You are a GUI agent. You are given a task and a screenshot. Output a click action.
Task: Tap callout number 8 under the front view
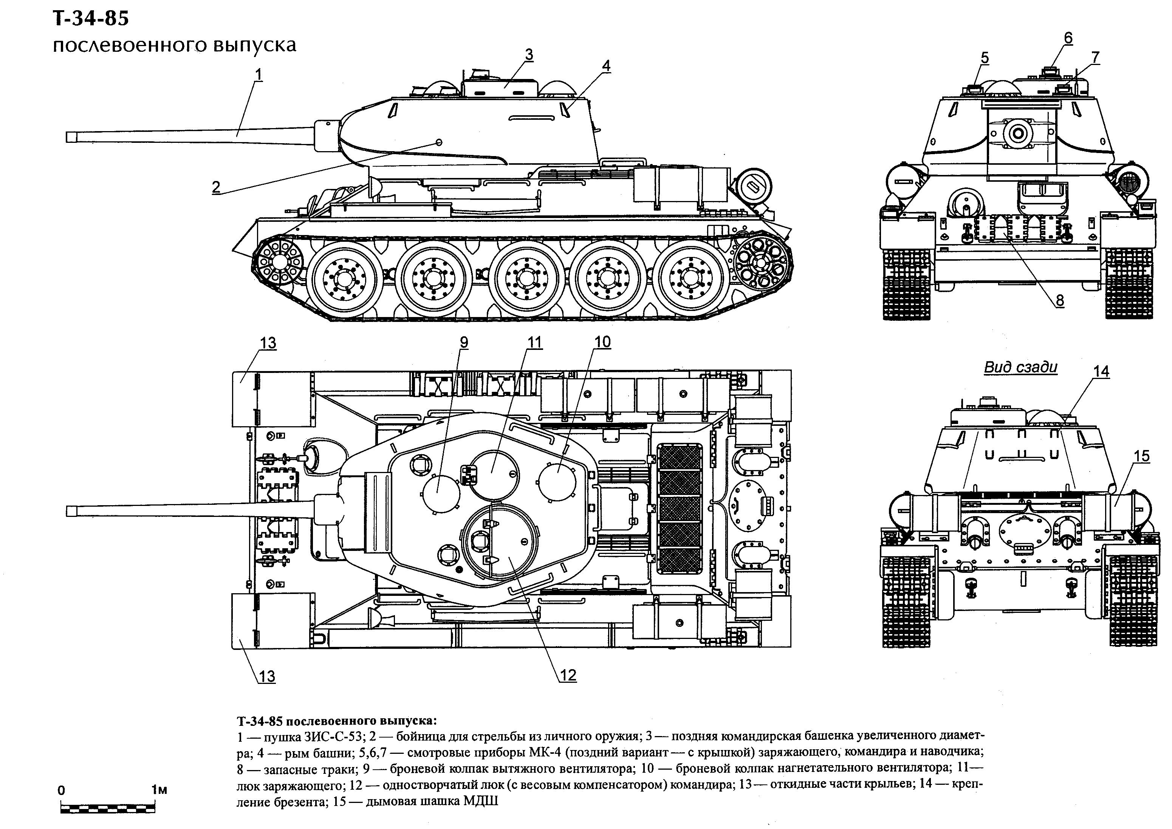pos(1060,301)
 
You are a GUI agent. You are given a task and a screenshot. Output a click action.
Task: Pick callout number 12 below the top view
pos(568,675)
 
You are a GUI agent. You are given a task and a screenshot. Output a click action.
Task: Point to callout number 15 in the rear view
pos(1141,456)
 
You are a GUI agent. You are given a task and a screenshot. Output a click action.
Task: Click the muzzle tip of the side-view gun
pos(67,137)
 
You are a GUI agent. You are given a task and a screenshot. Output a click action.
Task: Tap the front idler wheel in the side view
pos(279,262)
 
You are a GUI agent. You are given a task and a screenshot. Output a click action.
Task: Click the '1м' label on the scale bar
pos(159,790)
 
